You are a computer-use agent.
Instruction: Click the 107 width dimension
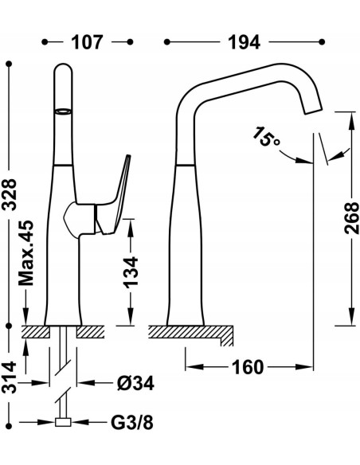(87, 42)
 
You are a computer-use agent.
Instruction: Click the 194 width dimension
(244, 42)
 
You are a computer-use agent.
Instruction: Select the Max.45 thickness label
(26, 253)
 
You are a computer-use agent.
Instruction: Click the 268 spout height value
(352, 218)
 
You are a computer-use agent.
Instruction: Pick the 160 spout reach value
(248, 367)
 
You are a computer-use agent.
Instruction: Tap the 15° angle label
(265, 136)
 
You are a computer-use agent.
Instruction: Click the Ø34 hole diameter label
(135, 384)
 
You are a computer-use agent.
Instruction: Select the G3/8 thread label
(132, 422)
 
